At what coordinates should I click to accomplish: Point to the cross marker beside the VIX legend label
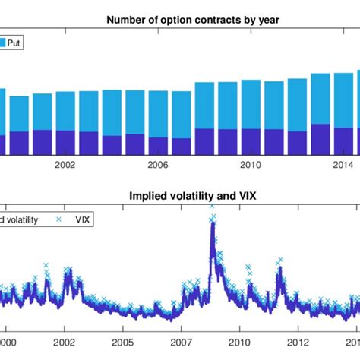point(58,221)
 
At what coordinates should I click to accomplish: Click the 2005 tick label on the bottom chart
point(122,343)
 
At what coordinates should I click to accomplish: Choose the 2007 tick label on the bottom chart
point(181,343)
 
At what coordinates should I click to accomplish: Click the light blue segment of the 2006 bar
point(158,114)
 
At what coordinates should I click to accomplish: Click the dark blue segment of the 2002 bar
point(65,143)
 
